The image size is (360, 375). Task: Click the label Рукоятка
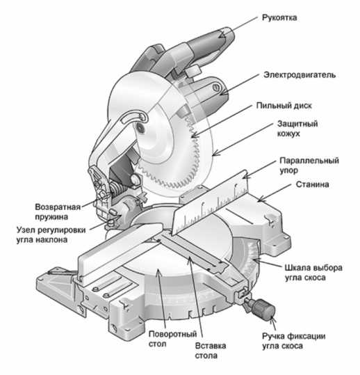tap(279, 17)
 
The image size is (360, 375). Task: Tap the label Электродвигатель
tap(300, 75)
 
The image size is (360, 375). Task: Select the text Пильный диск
tap(284, 106)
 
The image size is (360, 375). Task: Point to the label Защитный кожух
tap(297, 129)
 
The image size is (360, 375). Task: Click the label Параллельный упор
tap(309, 166)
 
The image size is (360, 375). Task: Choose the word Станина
tap(313, 184)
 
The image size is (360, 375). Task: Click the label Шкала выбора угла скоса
tap(313, 273)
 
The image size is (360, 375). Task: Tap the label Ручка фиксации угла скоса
tap(293, 341)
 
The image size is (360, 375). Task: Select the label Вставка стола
tap(210, 351)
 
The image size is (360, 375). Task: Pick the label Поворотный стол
tap(172, 339)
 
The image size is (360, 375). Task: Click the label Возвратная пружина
tap(58, 212)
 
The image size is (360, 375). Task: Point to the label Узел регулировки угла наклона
tap(51, 234)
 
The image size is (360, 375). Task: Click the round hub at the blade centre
tap(140, 129)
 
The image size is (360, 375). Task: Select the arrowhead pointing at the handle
tap(222, 35)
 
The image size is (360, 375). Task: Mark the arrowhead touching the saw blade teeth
tap(196, 135)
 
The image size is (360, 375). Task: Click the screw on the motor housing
tap(216, 87)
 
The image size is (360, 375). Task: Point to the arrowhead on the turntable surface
tap(158, 273)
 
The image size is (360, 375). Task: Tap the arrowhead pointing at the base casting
tap(261, 199)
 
